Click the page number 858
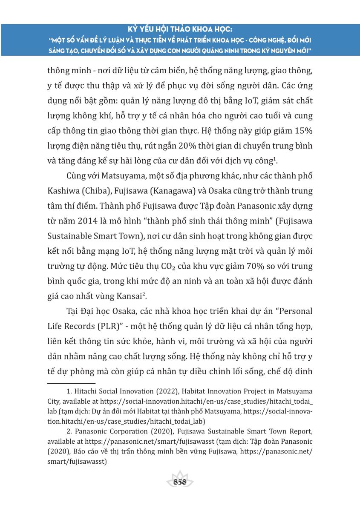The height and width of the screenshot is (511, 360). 180,482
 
